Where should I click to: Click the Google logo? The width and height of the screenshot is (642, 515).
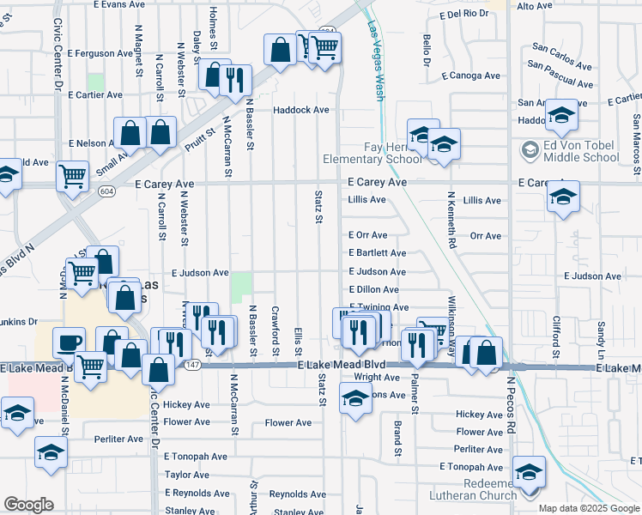28,505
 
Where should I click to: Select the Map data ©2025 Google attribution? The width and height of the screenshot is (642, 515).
589,508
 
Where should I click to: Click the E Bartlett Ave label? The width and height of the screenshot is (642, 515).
378,253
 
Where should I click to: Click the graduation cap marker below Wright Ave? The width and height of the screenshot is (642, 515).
355,399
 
